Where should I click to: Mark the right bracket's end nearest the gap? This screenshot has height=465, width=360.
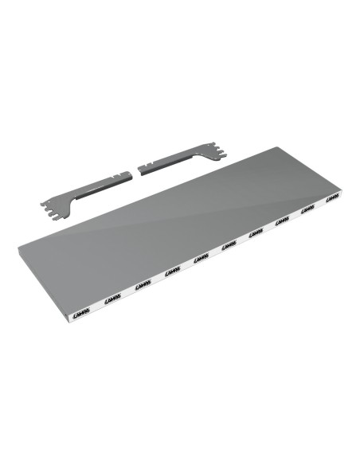click(143, 170)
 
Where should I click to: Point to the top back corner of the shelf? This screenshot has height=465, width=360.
click(275, 147)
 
